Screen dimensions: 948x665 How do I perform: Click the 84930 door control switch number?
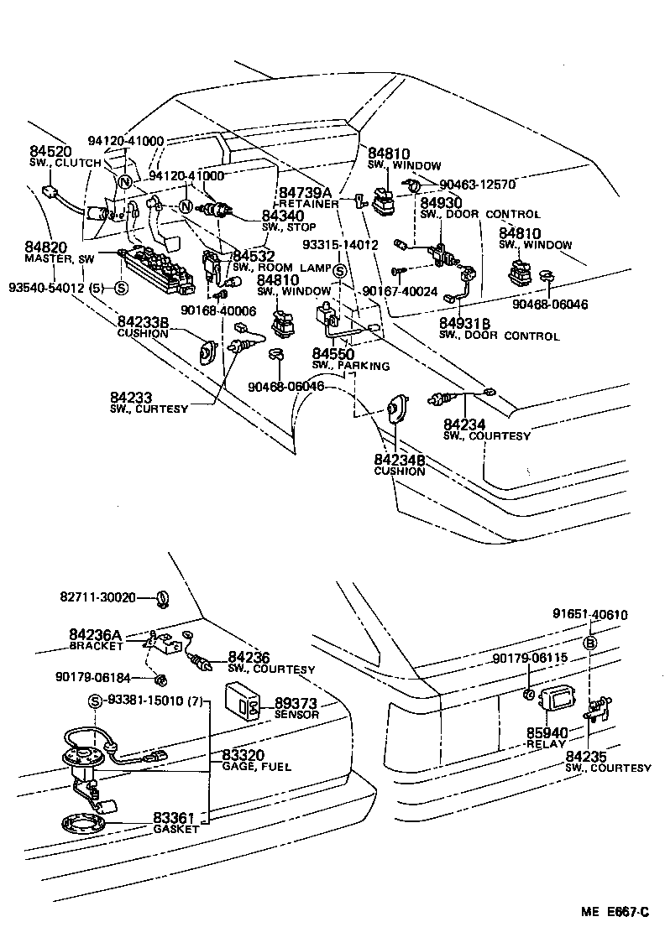click(441, 203)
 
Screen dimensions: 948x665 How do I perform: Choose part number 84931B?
click(465, 323)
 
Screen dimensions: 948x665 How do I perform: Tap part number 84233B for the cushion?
click(143, 321)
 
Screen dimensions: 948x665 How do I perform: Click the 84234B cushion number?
click(399, 460)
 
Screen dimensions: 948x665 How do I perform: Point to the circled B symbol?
click(590, 643)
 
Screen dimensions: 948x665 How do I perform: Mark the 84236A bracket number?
click(97, 635)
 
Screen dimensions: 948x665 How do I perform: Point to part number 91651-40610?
click(589, 614)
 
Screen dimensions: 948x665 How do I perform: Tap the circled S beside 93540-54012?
click(121, 288)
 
